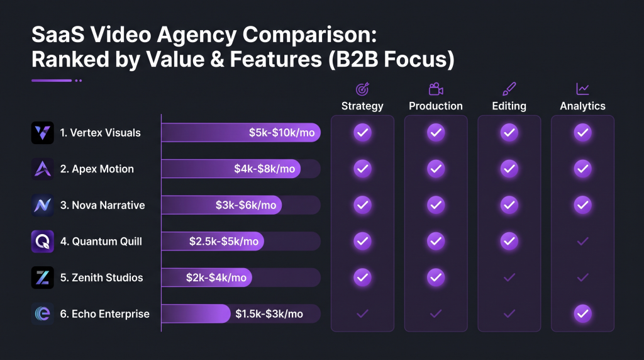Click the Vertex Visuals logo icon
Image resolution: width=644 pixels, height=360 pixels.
coord(42,133)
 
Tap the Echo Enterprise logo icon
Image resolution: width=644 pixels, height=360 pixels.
coord(42,314)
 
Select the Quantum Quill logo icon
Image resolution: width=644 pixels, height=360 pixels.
coord(42,241)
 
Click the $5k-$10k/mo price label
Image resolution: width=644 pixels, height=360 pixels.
coord(282,133)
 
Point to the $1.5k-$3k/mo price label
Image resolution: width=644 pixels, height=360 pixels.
coord(269,314)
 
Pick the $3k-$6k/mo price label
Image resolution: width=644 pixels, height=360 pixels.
coord(246,205)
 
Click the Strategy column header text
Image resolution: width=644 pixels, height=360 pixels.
coord(362,106)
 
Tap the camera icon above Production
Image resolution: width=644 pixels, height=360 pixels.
coord(436,89)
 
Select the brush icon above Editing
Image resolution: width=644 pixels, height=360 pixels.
coord(509,89)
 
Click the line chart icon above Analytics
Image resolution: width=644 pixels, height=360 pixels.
coord(582,89)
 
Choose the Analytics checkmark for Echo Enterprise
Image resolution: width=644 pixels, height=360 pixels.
coord(582,314)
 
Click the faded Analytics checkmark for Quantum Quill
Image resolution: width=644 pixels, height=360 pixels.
coord(582,241)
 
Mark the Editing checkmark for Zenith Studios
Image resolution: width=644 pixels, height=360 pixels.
coord(509,278)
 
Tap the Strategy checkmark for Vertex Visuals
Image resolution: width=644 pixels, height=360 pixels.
coord(362,133)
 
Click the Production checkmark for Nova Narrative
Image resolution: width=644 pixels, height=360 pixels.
coord(436,205)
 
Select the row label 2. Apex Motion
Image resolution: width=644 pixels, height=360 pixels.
coord(97,169)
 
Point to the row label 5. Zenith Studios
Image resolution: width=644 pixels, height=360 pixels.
coord(101,278)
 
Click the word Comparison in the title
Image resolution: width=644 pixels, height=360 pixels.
coord(309,35)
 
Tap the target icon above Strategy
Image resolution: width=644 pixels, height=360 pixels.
coord(362,89)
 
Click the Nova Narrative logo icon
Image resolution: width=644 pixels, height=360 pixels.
coord(42,205)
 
